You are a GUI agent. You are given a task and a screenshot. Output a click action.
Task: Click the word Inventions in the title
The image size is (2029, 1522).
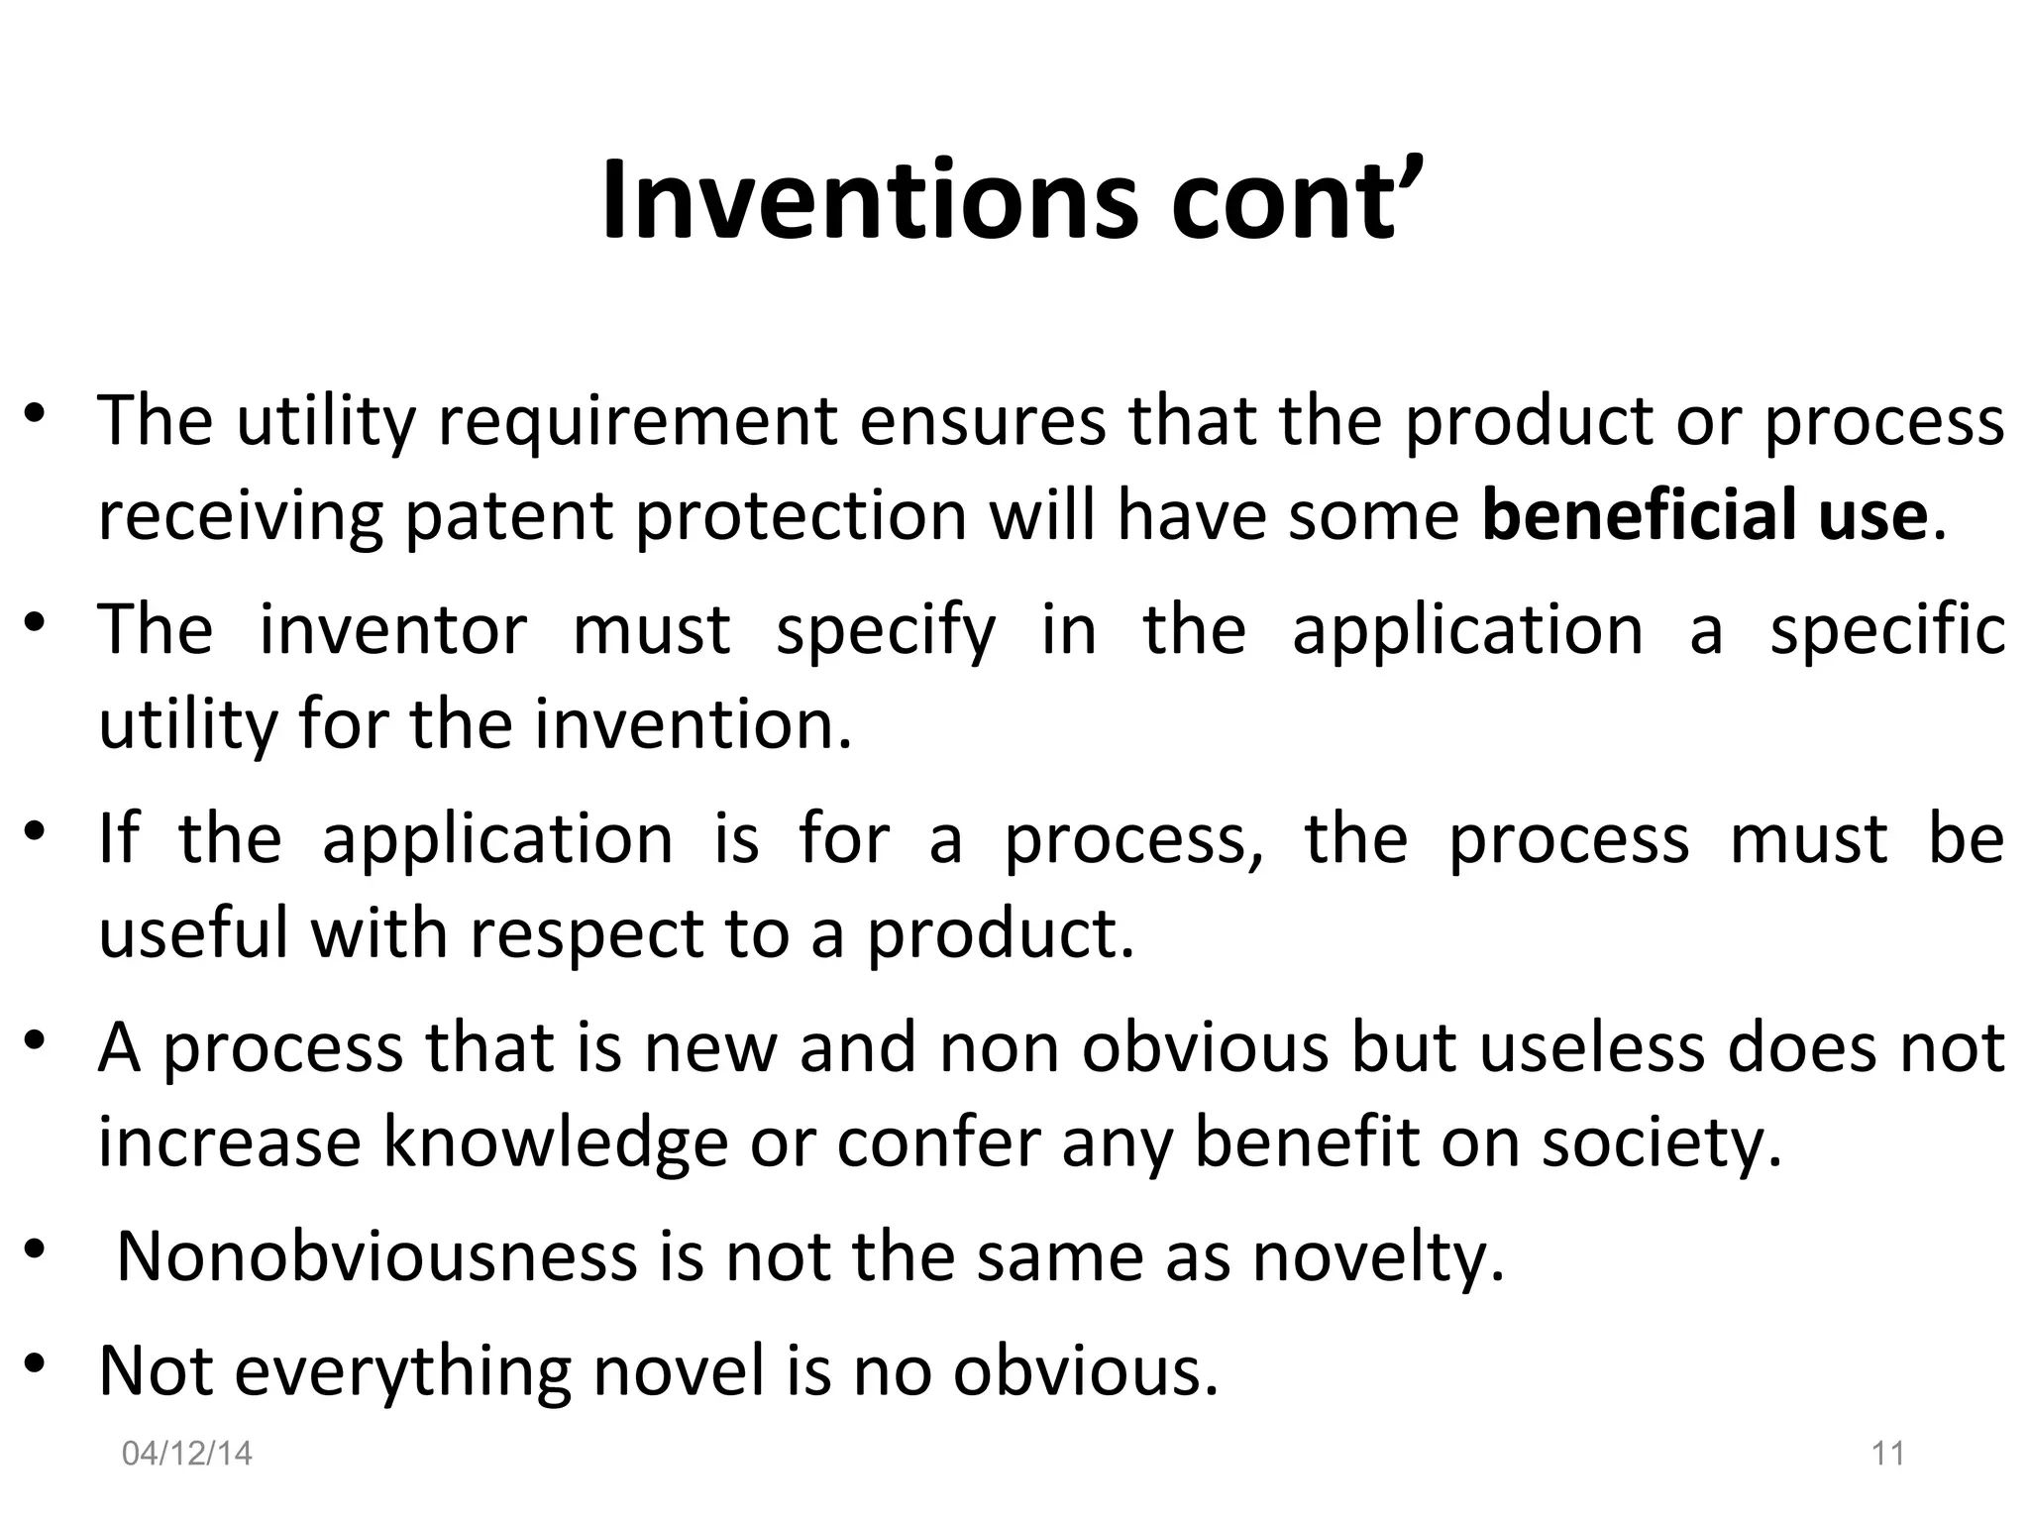coord(870,201)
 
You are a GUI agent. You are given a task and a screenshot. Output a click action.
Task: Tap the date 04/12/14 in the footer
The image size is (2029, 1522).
coord(187,1454)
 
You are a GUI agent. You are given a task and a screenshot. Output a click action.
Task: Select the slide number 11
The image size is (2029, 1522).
coord(1888,1454)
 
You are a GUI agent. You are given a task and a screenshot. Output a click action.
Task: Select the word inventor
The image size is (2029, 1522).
coord(393,630)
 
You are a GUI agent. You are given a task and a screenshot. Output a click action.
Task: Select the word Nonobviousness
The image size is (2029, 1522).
coord(376,1256)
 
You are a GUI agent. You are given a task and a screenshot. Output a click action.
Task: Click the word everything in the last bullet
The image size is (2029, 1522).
coord(403,1372)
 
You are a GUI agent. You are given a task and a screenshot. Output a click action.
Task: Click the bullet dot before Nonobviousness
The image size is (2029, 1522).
coord(36,1250)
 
